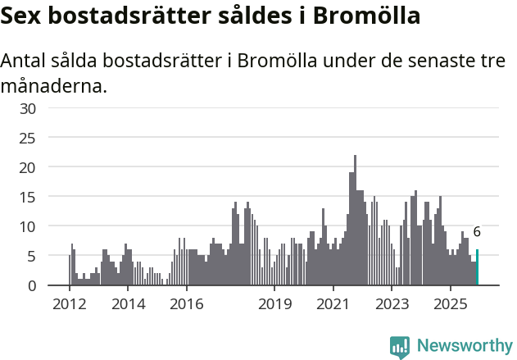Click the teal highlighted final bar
pyautogui.click(x=477, y=267)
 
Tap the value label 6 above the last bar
pyautogui.click(x=477, y=232)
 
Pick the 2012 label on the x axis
pyautogui.click(x=70, y=304)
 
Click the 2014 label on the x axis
pyautogui.click(x=128, y=304)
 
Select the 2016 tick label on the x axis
pyautogui.click(x=187, y=304)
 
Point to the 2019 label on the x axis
pyautogui.click(x=274, y=304)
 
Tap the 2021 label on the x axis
pyautogui.click(x=333, y=304)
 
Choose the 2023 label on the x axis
pyautogui.click(x=392, y=304)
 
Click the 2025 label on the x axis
pyautogui.click(x=451, y=304)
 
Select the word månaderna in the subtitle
pyautogui.click(x=54, y=85)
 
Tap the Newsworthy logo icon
pyautogui.click(x=400, y=347)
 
